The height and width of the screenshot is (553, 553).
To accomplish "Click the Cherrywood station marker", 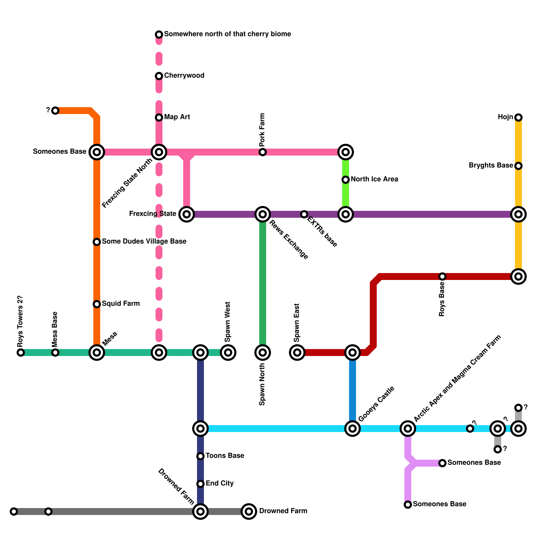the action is click(x=159, y=76).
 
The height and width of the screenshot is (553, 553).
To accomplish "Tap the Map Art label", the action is click(x=177, y=117).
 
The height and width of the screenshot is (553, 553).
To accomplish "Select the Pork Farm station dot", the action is click(x=263, y=152).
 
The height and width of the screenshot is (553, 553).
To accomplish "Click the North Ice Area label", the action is click(x=374, y=179).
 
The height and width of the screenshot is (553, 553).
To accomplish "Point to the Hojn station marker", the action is click(x=518, y=118).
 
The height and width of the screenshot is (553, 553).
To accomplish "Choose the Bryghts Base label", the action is click(x=490, y=166).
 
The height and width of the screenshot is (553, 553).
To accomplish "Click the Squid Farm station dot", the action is click(x=97, y=304).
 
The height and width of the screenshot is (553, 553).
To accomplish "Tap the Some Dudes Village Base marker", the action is click(x=97, y=242).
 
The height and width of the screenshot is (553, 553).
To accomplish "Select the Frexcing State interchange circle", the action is click(x=187, y=214).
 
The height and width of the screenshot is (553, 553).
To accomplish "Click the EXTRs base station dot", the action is click(x=304, y=214).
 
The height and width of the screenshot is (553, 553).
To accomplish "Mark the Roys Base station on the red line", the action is click(x=442, y=276).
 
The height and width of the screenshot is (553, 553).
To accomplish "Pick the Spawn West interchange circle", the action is click(x=228, y=353).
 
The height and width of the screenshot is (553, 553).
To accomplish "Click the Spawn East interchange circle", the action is click(x=297, y=353).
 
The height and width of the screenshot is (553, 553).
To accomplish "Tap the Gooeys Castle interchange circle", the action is click(x=353, y=429).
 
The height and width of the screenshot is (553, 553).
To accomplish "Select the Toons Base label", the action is click(x=225, y=456).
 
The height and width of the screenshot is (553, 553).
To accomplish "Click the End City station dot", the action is click(x=200, y=484).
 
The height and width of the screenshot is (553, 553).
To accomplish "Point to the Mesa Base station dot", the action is click(x=55, y=353).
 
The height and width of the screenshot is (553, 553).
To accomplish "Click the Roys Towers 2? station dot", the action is click(x=21, y=353).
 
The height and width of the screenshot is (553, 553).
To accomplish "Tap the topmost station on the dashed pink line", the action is click(x=159, y=35).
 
